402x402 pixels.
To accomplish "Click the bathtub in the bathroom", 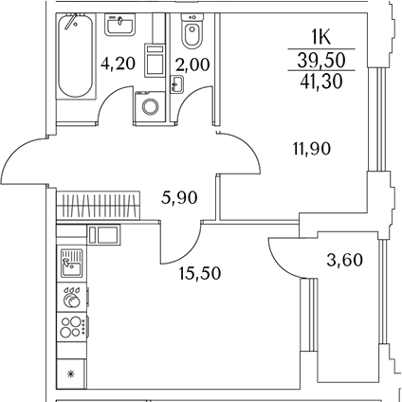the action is pyautogui.click(x=76, y=56).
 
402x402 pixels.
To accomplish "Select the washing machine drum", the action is pyautogui.click(x=150, y=106).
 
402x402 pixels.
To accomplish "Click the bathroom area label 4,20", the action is pyautogui.click(x=118, y=64).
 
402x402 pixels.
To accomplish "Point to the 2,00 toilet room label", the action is pyautogui.click(x=192, y=64).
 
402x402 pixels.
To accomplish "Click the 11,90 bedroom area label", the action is pyautogui.click(x=312, y=149).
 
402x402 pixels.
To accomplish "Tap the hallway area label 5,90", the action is pyautogui.click(x=179, y=198).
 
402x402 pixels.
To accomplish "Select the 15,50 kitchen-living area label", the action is pyautogui.click(x=199, y=273).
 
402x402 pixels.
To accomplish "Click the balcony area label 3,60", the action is pyautogui.click(x=344, y=261).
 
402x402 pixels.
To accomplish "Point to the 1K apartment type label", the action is pyautogui.click(x=321, y=39).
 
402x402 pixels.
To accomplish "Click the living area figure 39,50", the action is pyautogui.click(x=321, y=60).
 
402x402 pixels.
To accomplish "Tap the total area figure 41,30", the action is pyautogui.click(x=321, y=82).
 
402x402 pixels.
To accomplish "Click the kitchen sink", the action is pyautogui.click(x=71, y=263).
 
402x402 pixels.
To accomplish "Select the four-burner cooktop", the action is pyautogui.click(x=73, y=327).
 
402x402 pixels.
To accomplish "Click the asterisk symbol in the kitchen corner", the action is pyautogui.click(x=70, y=374).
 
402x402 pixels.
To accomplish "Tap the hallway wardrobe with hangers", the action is pyautogui.click(x=98, y=205).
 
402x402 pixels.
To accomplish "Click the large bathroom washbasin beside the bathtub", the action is pyautogui.click(x=120, y=25).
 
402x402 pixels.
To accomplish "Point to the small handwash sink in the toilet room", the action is pyautogui.click(x=177, y=84).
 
